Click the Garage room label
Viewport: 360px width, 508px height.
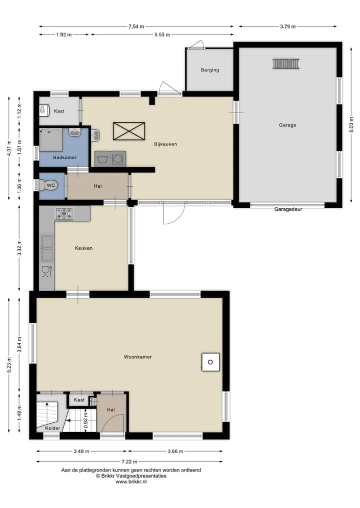click(287, 125)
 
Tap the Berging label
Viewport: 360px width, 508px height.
click(210, 70)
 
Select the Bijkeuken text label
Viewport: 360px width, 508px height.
click(165, 144)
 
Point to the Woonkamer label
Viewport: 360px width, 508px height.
click(137, 357)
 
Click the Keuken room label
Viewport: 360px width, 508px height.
click(83, 248)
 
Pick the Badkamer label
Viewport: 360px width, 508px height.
click(65, 157)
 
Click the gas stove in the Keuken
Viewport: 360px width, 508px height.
click(64, 214)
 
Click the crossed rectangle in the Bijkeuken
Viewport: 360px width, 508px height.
click(129, 131)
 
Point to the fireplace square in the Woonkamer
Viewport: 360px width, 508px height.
click(210, 362)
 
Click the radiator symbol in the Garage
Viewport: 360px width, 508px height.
click(286, 64)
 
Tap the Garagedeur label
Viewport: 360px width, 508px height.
click(288, 209)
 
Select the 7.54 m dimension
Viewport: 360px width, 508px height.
click(136, 26)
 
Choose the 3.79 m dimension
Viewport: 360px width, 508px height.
click(287, 26)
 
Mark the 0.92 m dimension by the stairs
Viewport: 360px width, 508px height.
click(85, 420)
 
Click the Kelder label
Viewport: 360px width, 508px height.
click(52, 428)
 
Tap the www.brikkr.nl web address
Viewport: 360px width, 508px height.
click(131, 482)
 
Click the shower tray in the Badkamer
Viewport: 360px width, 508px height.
click(51, 140)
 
